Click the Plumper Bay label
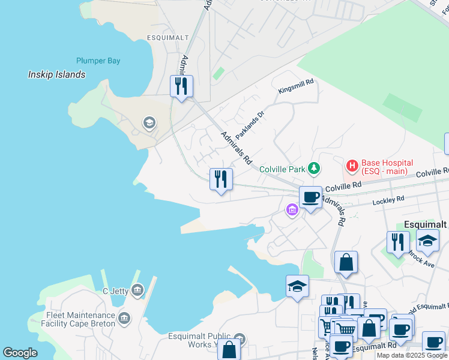coord(98,61)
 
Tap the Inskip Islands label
coord(57,75)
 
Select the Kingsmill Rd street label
coord(296,88)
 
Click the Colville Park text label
coord(282,169)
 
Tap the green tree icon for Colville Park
coord(313,168)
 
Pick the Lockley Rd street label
coord(388,199)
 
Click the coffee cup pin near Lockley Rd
coord(310,197)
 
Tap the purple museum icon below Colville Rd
coord(292,210)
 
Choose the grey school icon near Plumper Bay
coord(149,124)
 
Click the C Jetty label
coord(112,292)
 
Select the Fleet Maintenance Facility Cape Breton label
coord(80,319)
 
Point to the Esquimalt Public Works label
coord(198,340)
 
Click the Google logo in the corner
coord(20,353)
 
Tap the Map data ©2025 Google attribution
coord(412,355)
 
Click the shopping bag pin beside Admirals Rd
coord(346,262)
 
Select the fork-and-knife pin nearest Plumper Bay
coord(181,86)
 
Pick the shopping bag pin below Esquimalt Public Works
coord(229,350)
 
